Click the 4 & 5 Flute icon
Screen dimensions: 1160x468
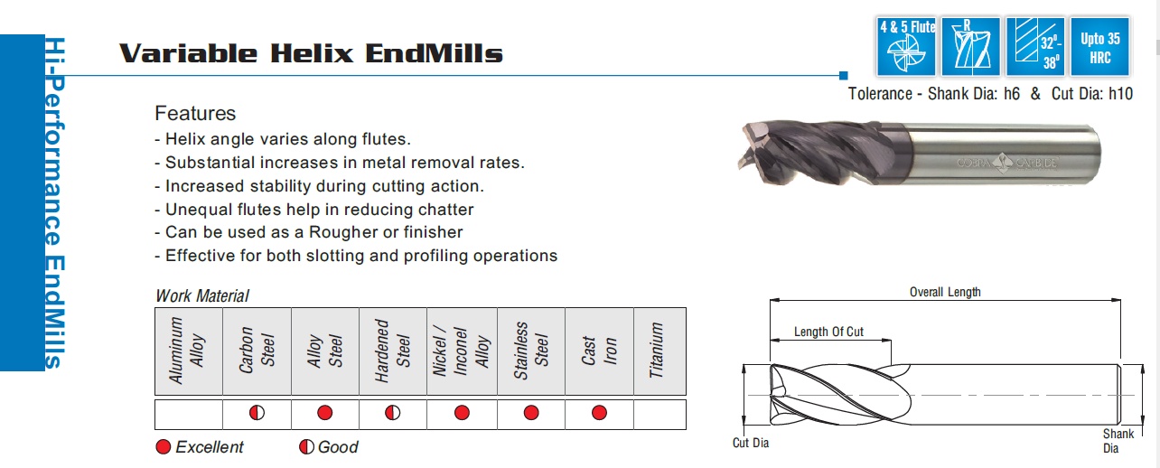pyautogui.click(x=906, y=47)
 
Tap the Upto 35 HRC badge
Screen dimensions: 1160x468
pyautogui.click(x=1100, y=47)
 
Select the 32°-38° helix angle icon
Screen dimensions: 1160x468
pyautogui.click(x=1035, y=47)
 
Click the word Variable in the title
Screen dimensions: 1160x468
pyautogui.click(x=189, y=53)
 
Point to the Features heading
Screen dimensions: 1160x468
pyautogui.click(x=195, y=113)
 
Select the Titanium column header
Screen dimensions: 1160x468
pyautogui.click(x=656, y=350)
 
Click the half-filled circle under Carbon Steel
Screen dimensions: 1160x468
pyautogui.click(x=257, y=413)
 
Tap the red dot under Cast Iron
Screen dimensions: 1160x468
pyautogui.click(x=599, y=413)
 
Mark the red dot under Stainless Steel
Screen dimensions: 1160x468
pyautogui.click(x=531, y=413)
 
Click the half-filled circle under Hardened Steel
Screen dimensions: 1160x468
pyautogui.click(x=392, y=413)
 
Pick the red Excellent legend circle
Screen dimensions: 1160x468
pyautogui.click(x=164, y=447)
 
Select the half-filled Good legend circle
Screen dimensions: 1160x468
pyautogui.click(x=306, y=447)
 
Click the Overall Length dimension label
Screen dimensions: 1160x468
pyautogui.click(x=945, y=292)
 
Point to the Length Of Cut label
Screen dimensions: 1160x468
pyautogui.click(x=828, y=332)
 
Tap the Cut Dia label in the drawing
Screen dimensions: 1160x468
pyautogui.click(x=751, y=443)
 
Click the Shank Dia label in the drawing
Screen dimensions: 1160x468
pyautogui.click(x=1118, y=441)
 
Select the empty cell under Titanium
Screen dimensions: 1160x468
pyautogui.click(x=660, y=414)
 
